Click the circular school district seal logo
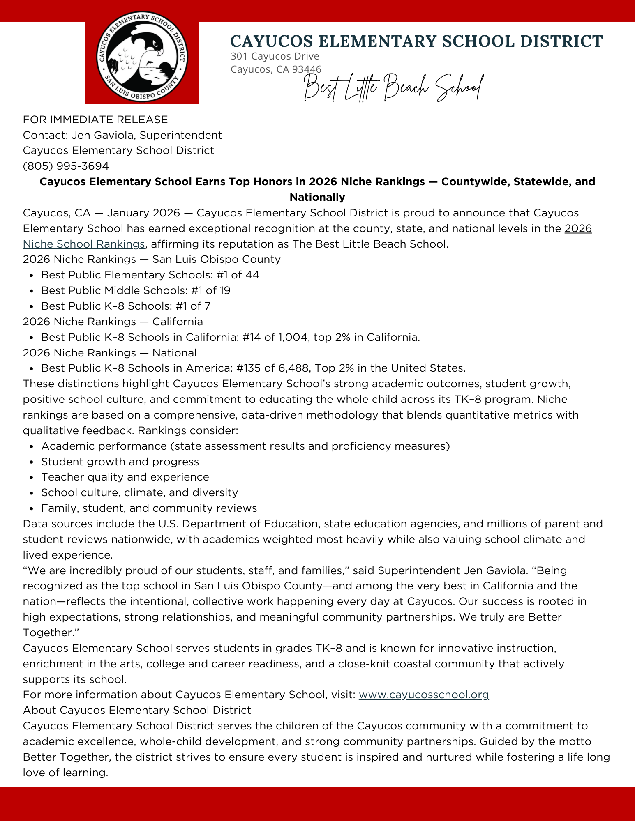pos(142,57)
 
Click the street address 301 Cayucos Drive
pos(275,56)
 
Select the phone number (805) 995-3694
pos(66,166)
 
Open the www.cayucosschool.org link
pos(423,695)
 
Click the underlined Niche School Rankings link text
pos(84,244)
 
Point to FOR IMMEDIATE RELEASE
pos(95,120)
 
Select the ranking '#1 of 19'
pos(210,290)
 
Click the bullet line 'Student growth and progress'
pos(120,462)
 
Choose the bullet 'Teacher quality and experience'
pos(125,477)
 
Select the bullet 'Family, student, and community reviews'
pos(149,508)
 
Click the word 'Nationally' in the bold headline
pos(317,197)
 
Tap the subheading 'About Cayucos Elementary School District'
pos(137,710)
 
